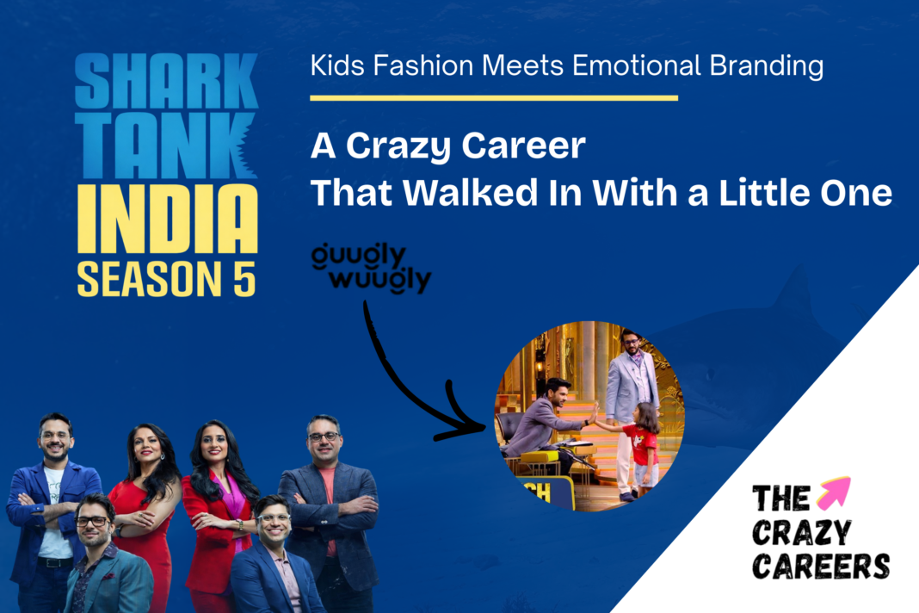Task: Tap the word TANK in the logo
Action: click(165, 146)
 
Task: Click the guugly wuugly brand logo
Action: click(372, 269)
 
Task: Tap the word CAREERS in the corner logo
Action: click(821, 566)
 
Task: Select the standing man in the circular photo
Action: click(630, 396)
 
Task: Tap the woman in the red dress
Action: click(142, 508)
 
